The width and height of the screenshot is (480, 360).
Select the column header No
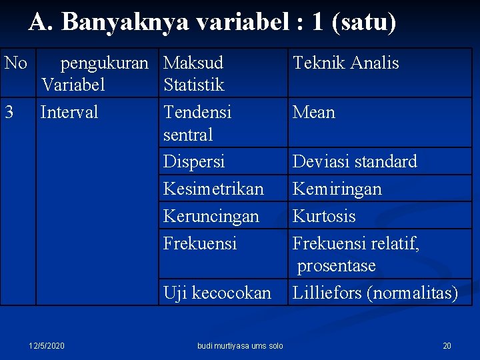tap(16, 63)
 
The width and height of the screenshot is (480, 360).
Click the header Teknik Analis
tap(345, 63)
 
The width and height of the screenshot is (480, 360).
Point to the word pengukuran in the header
tap(105, 63)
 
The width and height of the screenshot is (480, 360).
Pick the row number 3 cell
tap(9, 112)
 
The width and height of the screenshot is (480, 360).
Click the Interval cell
tap(69, 112)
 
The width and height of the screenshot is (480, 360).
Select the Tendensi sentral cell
tap(197, 123)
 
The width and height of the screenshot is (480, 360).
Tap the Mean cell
tap(314, 112)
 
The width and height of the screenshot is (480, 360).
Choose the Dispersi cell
tap(194, 161)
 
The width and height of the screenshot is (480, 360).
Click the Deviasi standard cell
tap(355, 161)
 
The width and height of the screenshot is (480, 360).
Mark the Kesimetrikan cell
tap(213, 189)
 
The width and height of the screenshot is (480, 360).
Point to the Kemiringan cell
tap(337, 189)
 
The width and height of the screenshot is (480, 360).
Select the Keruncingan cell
tap(211, 216)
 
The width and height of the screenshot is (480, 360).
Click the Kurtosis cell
tap(324, 216)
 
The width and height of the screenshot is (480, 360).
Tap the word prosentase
tap(337, 266)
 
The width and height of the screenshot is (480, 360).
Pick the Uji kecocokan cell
tap(217, 293)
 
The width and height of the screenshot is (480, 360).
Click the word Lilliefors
tap(328, 293)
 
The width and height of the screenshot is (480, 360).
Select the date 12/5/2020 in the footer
tap(47, 345)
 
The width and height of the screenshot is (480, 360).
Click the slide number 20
tap(447, 345)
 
